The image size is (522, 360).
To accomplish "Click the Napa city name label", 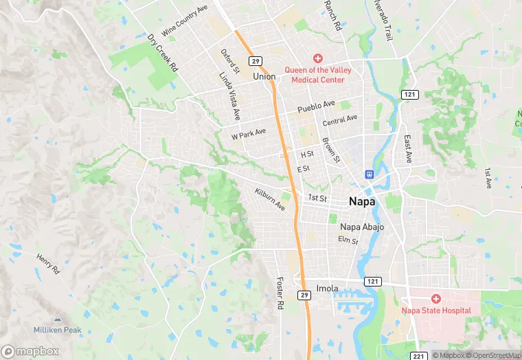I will click(x=362, y=201).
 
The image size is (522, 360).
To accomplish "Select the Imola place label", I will click(x=327, y=288).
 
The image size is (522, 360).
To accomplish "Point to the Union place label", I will click(x=264, y=76).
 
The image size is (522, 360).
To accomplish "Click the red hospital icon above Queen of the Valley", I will click(x=317, y=59).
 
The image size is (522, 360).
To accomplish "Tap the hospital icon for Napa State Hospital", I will click(x=436, y=299).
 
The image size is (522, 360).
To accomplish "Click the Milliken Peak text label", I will click(x=57, y=330).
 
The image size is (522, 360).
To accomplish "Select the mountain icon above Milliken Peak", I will click(x=57, y=319).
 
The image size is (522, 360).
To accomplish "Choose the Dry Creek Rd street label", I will click(x=163, y=54).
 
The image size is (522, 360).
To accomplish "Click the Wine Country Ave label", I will click(x=184, y=22).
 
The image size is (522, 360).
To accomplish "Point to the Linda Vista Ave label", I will click(x=229, y=93).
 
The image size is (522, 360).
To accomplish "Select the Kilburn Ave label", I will click(x=269, y=200).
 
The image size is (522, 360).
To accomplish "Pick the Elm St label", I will click(x=348, y=240).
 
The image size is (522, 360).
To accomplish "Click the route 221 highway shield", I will click(x=419, y=355).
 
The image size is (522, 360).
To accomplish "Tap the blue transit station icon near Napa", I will click(x=370, y=175).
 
